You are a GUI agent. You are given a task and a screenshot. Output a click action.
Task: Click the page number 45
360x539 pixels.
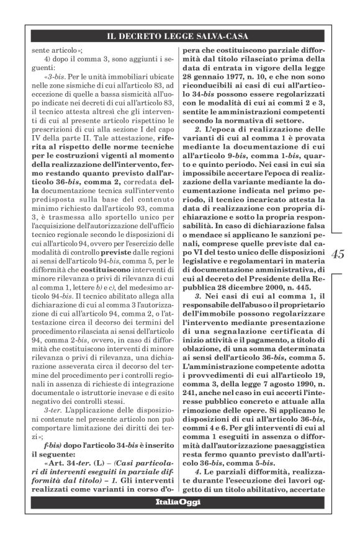339,254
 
